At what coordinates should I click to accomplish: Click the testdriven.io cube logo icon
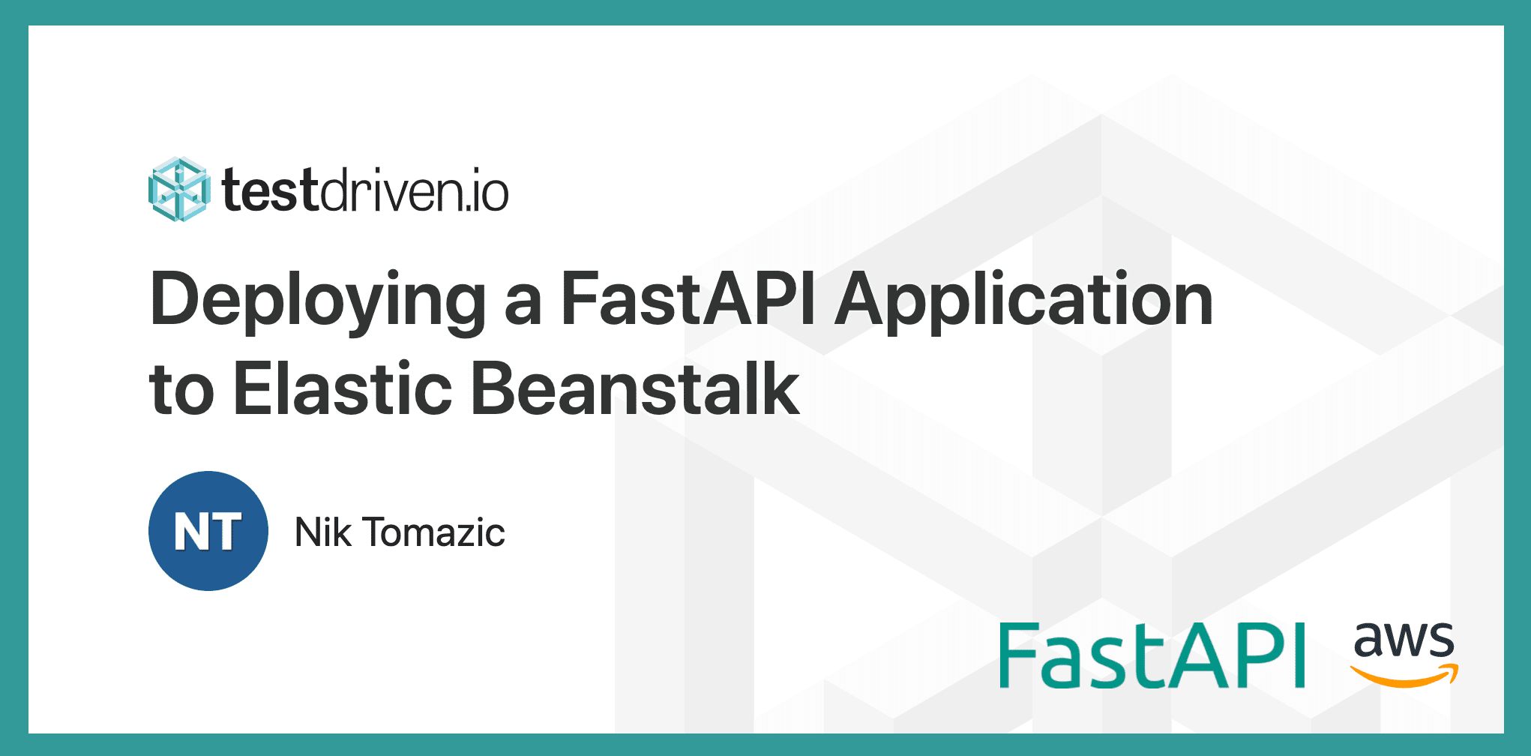[x=178, y=190]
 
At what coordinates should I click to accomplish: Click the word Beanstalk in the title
[x=634, y=388]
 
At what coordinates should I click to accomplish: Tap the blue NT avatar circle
[x=208, y=531]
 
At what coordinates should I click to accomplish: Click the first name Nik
[x=323, y=532]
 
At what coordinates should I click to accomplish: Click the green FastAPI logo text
[x=1152, y=655]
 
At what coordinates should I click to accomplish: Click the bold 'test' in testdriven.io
[x=271, y=191]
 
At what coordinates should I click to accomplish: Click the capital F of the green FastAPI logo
[x=1020, y=655]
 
